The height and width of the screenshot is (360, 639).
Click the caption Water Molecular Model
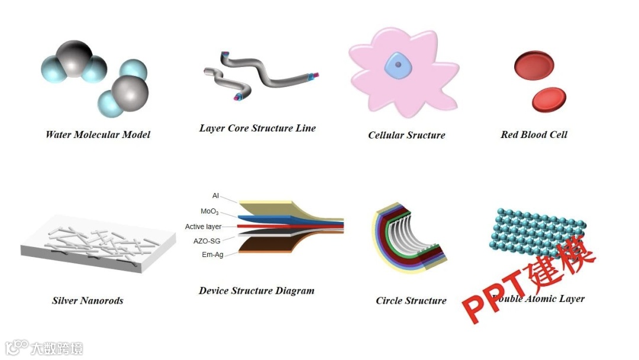tap(98, 134)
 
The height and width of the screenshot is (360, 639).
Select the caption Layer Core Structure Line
tap(257, 128)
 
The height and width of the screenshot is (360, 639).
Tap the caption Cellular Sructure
tap(406, 135)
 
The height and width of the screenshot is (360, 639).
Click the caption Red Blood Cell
tap(534, 134)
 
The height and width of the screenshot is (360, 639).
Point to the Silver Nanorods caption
tap(88, 300)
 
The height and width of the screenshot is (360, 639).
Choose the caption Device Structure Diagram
tap(256, 291)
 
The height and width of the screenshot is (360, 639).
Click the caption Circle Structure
tap(411, 300)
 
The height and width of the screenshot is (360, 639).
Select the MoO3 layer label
tap(209, 211)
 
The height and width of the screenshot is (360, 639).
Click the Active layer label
tap(203, 227)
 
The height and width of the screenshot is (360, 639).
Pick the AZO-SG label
tap(206, 241)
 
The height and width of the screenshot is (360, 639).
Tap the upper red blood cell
tap(534, 63)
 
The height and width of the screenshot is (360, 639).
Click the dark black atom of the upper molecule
tap(74, 57)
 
